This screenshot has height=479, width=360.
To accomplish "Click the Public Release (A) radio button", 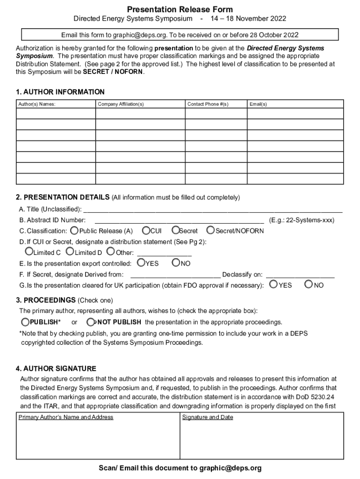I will pyautogui.click(x=74, y=231).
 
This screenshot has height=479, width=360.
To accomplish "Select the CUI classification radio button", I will pyautogui.click(x=146, y=230).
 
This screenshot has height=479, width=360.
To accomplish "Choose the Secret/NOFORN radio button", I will pyautogui.click(x=210, y=230).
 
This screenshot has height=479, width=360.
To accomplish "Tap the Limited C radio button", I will pyautogui.click(x=30, y=252).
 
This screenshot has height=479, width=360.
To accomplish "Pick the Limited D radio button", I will pyautogui.click(x=70, y=252).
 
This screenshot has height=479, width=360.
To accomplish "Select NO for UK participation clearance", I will pyautogui.click(x=309, y=284).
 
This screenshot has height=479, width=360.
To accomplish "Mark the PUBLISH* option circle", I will pyautogui.click(x=26, y=322).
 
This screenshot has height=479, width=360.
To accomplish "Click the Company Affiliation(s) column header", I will pyautogui.click(x=121, y=104).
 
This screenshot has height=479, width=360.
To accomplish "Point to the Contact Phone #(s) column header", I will pyautogui.click(x=208, y=104).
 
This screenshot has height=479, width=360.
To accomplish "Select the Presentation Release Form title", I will pyautogui.click(x=180, y=9).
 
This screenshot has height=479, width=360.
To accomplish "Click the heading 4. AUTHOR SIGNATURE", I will pyautogui.click(x=56, y=369).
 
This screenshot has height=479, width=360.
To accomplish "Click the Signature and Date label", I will pyautogui.click(x=208, y=417).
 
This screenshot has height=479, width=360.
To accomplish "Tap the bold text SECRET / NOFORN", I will pyautogui.click(x=114, y=72).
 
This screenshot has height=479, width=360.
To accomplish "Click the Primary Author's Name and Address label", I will pyautogui.click(x=66, y=417).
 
